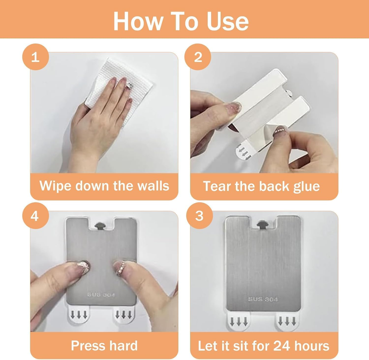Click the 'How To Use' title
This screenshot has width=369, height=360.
(x=181, y=21)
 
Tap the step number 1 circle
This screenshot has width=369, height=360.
(x=36, y=57)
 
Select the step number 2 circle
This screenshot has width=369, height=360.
(x=198, y=57)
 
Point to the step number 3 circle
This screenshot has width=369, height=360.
(x=199, y=216)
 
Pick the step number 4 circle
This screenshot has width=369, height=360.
(x=36, y=216)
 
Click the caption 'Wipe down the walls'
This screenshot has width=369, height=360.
(x=104, y=186)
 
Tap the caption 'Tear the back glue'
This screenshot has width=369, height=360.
(x=262, y=186)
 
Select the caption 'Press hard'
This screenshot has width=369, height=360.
(x=104, y=345)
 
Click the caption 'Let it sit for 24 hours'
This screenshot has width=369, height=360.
(x=263, y=346)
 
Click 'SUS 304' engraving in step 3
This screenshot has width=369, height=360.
(x=263, y=299)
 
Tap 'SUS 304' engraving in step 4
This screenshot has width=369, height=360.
(x=101, y=294)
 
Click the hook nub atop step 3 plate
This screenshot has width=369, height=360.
(x=262, y=224)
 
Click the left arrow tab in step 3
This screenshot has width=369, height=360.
(x=238, y=320)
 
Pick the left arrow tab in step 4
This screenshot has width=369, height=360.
(x=79, y=314)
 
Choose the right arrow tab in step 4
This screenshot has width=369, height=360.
(x=123, y=314)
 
